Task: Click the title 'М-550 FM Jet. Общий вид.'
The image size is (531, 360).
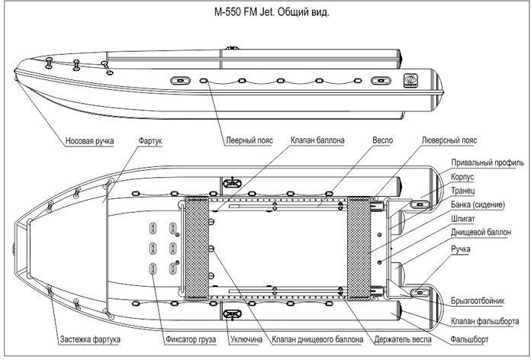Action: (x=272, y=12)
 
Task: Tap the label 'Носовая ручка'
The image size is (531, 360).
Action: (x=89, y=141)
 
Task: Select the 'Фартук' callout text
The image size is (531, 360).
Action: (x=150, y=140)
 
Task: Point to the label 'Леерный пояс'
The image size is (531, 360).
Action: (x=249, y=140)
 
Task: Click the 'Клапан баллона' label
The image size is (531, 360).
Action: (x=317, y=140)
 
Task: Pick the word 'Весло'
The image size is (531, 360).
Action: (x=383, y=140)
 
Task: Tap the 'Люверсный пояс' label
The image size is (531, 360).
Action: (x=449, y=140)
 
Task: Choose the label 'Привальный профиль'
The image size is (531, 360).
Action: (x=488, y=162)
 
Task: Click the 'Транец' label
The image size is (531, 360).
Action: (x=462, y=191)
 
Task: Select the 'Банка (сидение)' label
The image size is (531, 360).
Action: (x=478, y=204)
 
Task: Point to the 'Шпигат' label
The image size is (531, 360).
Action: (x=463, y=219)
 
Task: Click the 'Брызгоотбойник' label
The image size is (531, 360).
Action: (x=478, y=301)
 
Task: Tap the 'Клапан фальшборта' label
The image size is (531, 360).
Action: (x=484, y=320)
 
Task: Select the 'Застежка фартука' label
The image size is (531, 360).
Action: (x=90, y=339)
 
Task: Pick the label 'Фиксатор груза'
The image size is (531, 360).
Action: (x=191, y=339)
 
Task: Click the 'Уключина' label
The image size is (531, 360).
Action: (x=246, y=339)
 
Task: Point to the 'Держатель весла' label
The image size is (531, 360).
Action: (x=403, y=339)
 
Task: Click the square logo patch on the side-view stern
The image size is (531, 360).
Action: (x=410, y=81)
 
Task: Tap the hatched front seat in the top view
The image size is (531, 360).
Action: (x=196, y=248)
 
